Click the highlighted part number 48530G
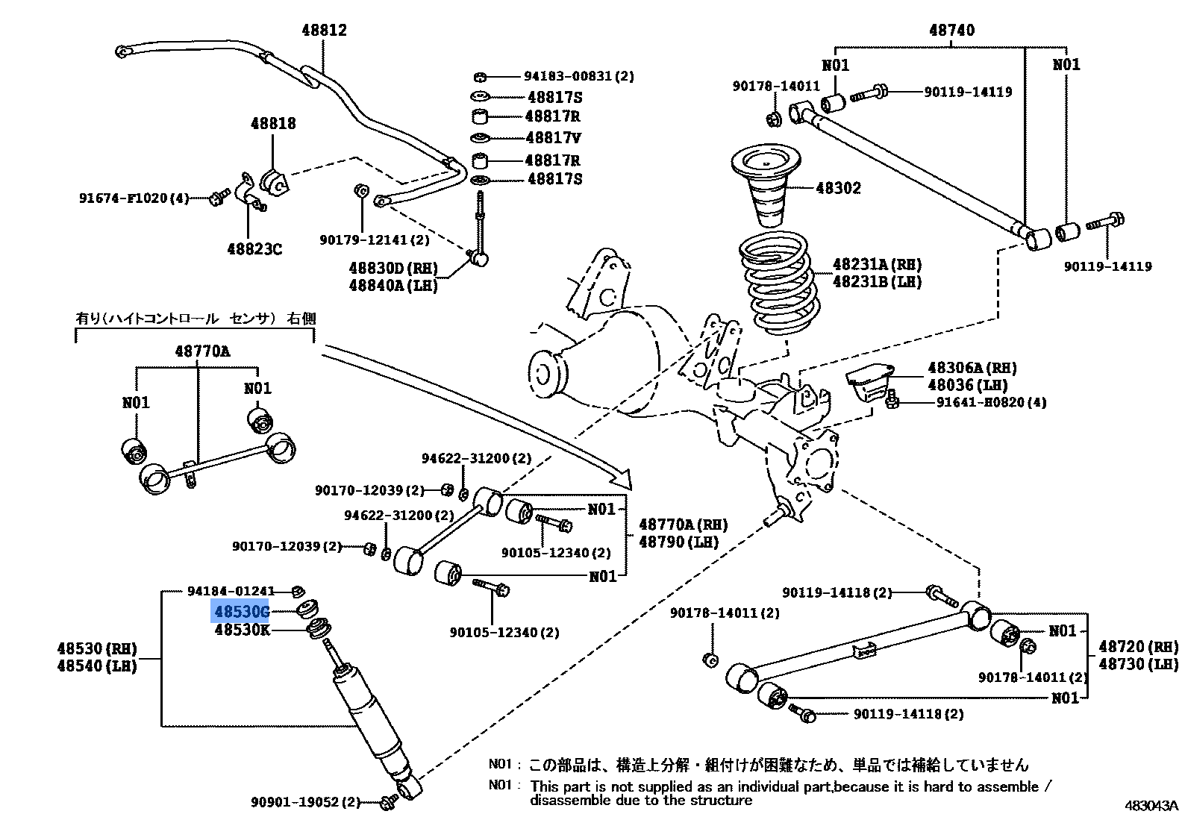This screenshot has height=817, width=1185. (240, 613)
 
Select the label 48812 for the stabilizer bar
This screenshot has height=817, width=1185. (324, 31)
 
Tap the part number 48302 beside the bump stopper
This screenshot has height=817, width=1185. (838, 188)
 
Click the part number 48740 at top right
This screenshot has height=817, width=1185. (951, 31)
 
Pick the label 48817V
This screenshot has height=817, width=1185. (553, 138)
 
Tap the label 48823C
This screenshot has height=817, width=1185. (254, 248)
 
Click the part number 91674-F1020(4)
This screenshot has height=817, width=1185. (134, 198)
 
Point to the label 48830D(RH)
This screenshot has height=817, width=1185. (393, 268)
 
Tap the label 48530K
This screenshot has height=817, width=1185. (242, 630)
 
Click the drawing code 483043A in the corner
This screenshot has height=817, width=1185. (1151, 806)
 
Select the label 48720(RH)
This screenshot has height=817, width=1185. (1138, 646)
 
